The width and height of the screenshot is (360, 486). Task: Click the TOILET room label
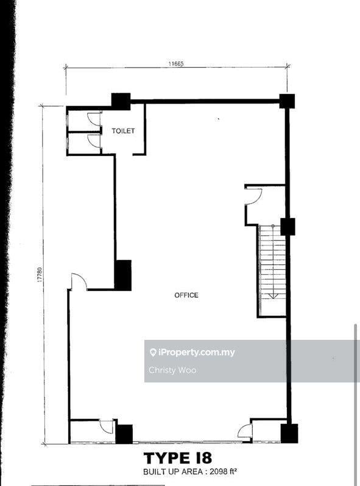pyautogui.click(x=123, y=131)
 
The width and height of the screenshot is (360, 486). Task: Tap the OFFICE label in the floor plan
pyautogui.click(x=186, y=295)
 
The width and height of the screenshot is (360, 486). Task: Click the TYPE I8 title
pyautogui.click(x=178, y=458)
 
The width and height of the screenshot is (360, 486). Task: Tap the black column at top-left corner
pyautogui.click(x=121, y=101)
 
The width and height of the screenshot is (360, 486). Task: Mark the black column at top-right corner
pyautogui.click(x=287, y=101)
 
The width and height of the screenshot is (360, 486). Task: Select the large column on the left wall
pyautogui.click(x=123, y=275)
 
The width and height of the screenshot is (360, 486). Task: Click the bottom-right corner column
pyautogui.click(x=289, y=433)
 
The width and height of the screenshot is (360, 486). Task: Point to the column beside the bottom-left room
pyautogui.click(x=124, y=434)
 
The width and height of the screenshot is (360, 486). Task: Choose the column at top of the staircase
pyautogui.click(x=288, y=227)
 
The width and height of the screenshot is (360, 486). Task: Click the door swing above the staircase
pyautogui.click(x=253, y=196)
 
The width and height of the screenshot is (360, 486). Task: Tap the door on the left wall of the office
pyautogui.click(x=79, y=282)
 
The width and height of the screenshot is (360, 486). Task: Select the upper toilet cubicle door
pyautogui.click(x=94, y=119)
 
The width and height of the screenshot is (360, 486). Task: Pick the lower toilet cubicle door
pyautogui.click(x=94, y=141)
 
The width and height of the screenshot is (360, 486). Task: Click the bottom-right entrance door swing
pyautogui.click(x=245, y=431)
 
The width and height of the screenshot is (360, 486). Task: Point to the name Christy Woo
pyautogui.click(x=172, y=370)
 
